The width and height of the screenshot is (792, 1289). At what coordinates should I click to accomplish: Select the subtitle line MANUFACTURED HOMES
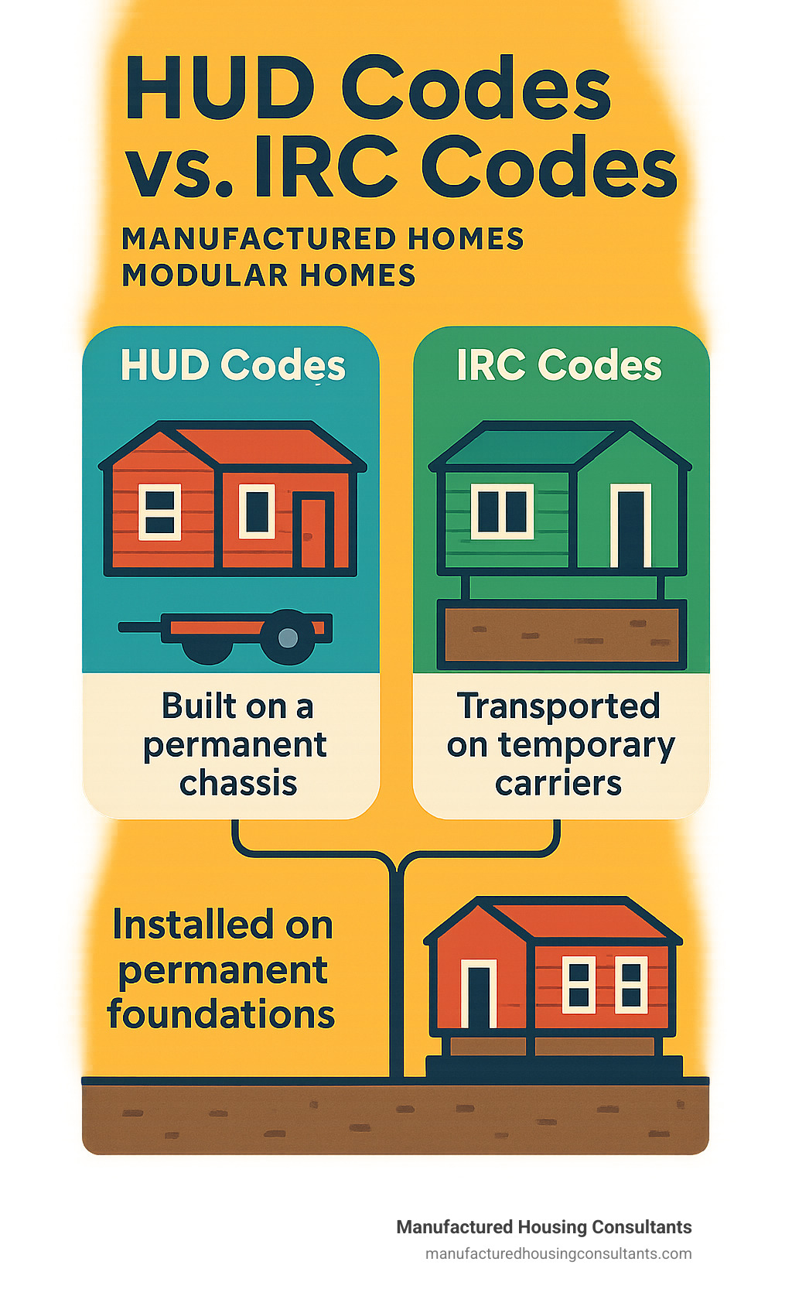[323, 239]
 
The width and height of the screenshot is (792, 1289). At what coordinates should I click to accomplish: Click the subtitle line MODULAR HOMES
[268, 275]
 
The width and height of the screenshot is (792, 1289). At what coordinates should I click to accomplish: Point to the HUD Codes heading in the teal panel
[233, 365]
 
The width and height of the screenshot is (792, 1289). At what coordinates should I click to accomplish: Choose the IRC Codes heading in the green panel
[560, 365]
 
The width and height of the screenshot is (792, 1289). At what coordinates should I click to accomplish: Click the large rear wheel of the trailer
[287, 637]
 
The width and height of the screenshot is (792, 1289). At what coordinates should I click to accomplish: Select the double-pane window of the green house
[502, 511]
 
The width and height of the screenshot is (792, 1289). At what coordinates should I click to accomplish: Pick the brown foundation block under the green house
[562, 634]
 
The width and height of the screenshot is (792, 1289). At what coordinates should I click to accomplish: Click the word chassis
[238, 784]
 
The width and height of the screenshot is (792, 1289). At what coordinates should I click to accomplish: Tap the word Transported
[558, 706]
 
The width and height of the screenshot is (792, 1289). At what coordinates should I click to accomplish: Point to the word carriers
[558, 784]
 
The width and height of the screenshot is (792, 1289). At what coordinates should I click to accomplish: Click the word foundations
[221, 1014]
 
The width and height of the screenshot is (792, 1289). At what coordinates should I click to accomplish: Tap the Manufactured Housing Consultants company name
[544, 1227]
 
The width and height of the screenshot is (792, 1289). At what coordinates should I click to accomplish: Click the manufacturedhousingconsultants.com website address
[558, 1254]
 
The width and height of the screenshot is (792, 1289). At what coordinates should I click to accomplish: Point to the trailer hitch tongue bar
[140, 627]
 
